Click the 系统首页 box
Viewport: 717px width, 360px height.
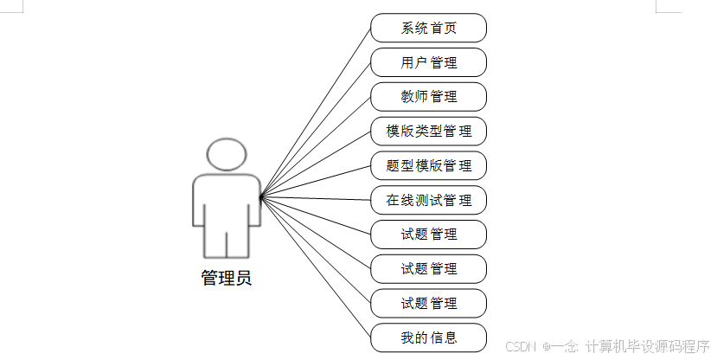click(428, 28)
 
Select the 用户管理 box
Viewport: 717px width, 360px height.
click(428, 62)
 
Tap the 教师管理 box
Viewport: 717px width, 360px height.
click(428, 96)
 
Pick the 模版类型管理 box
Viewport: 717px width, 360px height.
click(428, 131)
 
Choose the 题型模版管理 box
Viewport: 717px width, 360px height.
click(428, 165)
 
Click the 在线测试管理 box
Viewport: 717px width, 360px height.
click(428, 200)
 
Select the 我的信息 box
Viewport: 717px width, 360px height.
click(428, 337)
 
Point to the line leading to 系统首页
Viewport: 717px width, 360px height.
click(316, 112)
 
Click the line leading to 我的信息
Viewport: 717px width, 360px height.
click(316, 267)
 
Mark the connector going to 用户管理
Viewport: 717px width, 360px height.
click(316, 130)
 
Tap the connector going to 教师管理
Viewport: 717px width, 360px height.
click(316, 147)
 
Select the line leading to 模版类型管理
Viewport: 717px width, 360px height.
click(316, 164)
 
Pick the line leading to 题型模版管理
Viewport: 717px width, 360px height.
click(316, 182)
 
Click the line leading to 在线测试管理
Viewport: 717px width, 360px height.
click(316, 199)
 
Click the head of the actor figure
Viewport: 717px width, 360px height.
click(227, 154)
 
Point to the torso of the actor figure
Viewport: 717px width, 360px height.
click(227, 203)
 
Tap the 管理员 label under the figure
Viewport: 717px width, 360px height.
click(227, 279)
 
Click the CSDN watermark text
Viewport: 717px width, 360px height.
click(522, 346)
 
